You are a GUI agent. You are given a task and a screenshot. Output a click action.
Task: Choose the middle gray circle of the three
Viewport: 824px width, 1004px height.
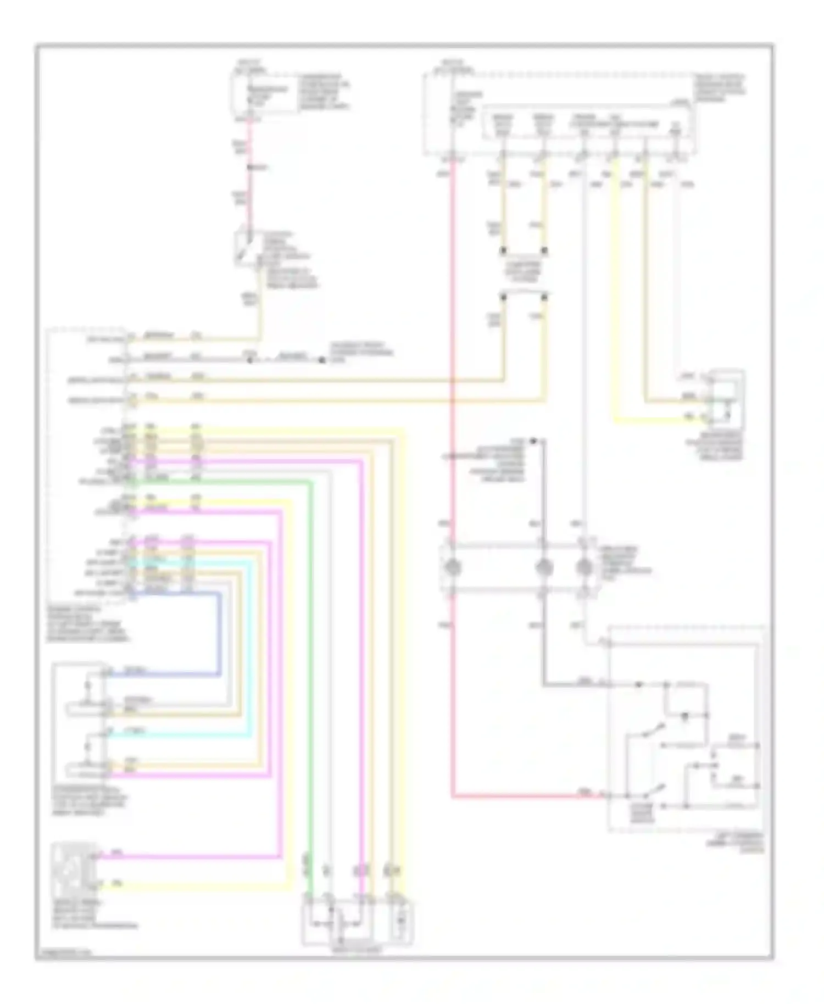[543, 567]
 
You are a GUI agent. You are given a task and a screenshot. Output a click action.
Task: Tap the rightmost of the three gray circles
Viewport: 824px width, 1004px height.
[583, 567]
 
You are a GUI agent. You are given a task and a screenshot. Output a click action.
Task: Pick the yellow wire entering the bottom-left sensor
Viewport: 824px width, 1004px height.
[192, 885]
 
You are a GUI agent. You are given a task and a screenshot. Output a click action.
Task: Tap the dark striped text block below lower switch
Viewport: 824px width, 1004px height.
[643, 813]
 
